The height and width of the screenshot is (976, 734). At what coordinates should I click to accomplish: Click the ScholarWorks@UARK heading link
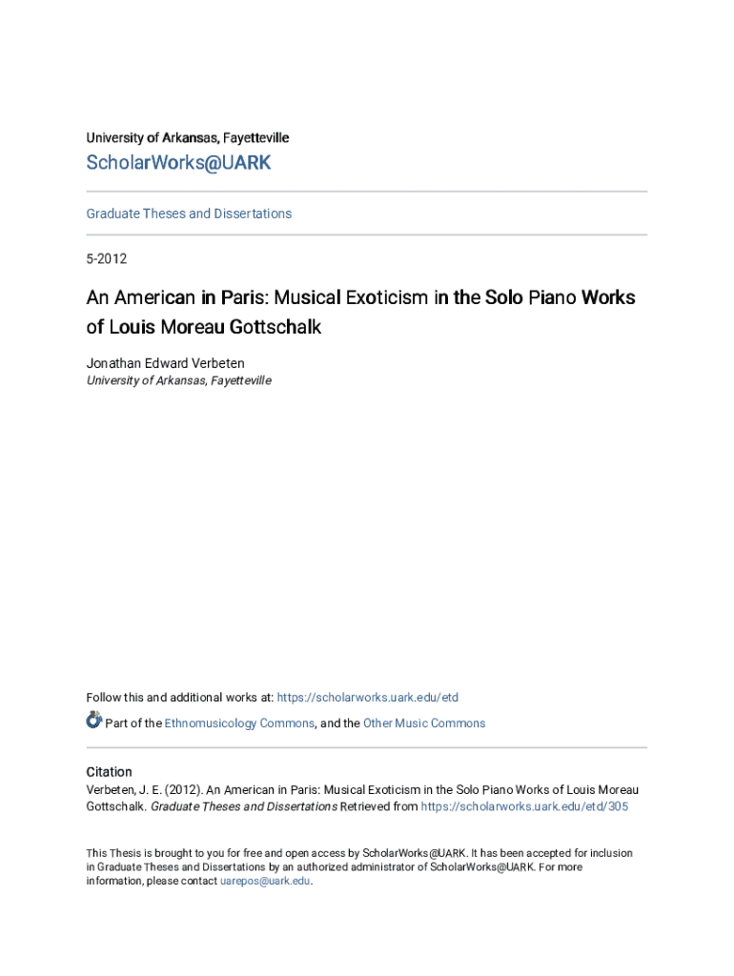[178, 163]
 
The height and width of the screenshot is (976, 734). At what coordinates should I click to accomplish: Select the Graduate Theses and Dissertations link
[189, 213]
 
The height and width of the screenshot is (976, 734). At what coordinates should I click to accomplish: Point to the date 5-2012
[107, 258]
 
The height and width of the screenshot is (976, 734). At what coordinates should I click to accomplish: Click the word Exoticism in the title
[380, 297]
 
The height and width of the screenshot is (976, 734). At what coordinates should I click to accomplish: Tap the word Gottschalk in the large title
[275, 327]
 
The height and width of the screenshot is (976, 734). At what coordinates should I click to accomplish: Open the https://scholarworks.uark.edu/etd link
[367, 698]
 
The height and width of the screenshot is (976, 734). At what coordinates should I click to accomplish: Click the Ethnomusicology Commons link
[239, 723]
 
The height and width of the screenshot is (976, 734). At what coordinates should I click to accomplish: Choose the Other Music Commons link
[424, 723]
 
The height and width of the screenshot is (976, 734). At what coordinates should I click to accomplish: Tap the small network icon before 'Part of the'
[93, 721]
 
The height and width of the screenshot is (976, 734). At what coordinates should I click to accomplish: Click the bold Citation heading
[109, 772]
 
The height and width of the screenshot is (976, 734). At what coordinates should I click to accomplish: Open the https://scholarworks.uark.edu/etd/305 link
[524, 806]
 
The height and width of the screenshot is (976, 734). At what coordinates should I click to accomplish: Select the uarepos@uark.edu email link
[265, 881]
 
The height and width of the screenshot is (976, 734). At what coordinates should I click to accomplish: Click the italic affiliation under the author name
[178, 380]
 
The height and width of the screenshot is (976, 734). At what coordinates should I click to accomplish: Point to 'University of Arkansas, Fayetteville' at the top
[188, 138]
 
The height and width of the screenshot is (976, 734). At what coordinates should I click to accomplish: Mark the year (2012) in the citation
[183, 789]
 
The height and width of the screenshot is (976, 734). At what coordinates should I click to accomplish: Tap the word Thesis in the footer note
[129, 853]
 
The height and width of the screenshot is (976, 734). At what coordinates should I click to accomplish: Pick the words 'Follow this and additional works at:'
[179, 698]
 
